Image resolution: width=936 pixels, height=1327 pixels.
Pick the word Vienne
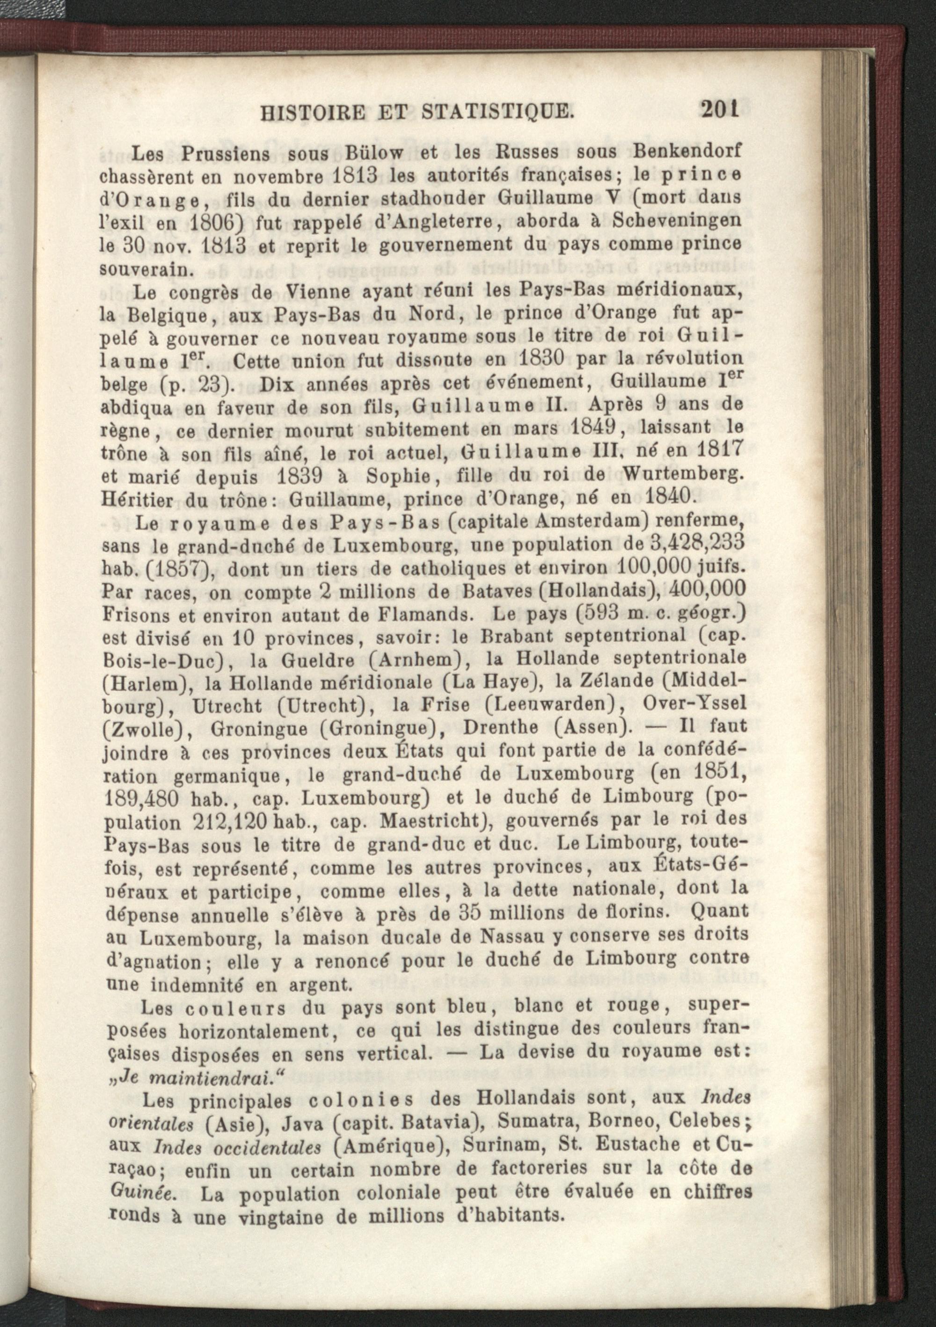click(x=314, y=291)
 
